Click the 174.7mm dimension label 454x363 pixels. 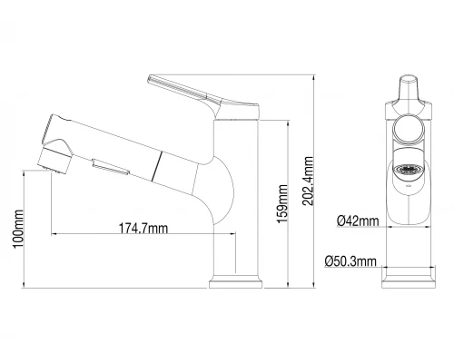143,228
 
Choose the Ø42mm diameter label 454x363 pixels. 353,221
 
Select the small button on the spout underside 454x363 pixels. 107,166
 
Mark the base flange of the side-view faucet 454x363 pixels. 236,284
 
